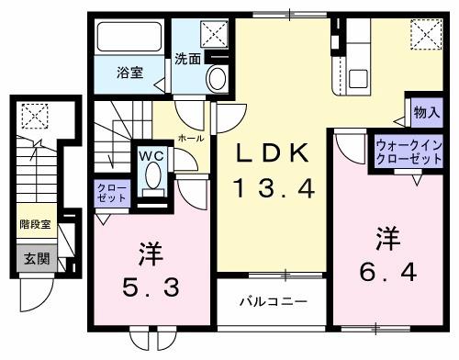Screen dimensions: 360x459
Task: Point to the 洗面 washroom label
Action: tap(188, 59)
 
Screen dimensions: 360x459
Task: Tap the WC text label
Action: tap(151, 155)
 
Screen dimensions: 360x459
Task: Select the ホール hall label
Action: tap(191, 137)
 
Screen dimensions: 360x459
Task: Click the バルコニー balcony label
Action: tap(274, 301)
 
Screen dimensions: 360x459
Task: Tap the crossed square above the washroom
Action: tap(218, 34)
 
